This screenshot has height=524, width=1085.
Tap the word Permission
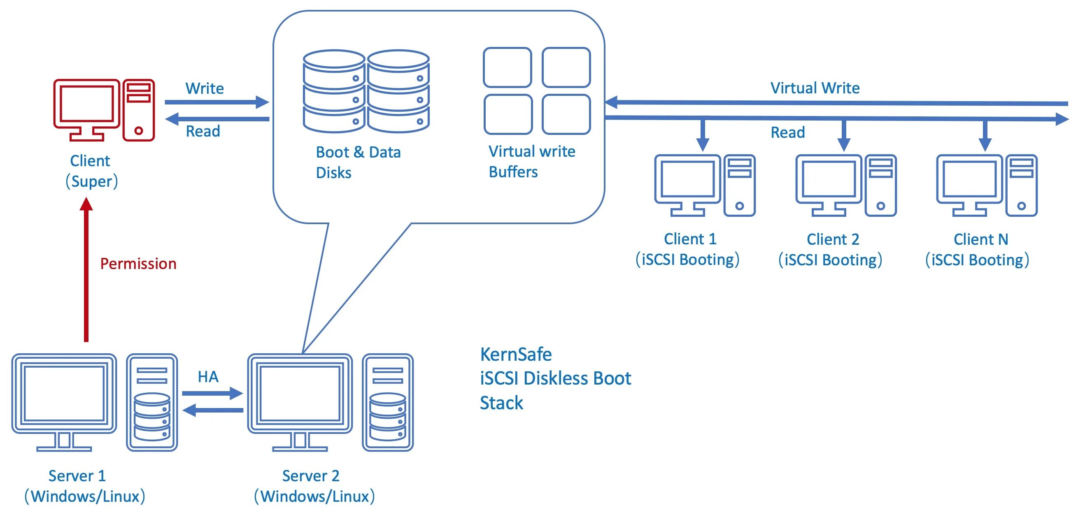click(138, 264)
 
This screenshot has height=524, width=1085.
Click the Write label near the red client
click(205, 88)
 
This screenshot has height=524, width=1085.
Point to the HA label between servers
click(208, 377)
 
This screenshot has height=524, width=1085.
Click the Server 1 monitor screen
click(64, 394)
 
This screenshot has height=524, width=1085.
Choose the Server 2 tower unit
click(387, 402)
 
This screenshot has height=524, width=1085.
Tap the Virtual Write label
click(815, 88)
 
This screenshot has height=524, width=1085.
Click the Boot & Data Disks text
click(358, 162)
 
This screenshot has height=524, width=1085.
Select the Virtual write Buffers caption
click(531, 162)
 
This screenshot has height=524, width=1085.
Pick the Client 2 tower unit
click(881, 185)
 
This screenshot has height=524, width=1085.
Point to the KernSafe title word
click(516, 355)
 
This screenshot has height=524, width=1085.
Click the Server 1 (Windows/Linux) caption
click(84, 486)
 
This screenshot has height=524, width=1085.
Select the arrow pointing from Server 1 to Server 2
click(212, 394)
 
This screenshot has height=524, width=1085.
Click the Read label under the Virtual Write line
click(788, 132)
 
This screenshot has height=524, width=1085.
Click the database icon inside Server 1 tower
click(152, 417)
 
